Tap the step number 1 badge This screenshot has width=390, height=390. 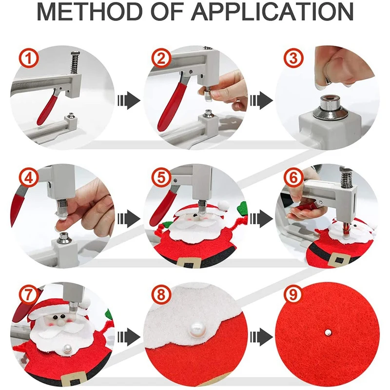click(x=29, y=59)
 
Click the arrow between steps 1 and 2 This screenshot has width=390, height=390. click(x=128, y=101)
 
